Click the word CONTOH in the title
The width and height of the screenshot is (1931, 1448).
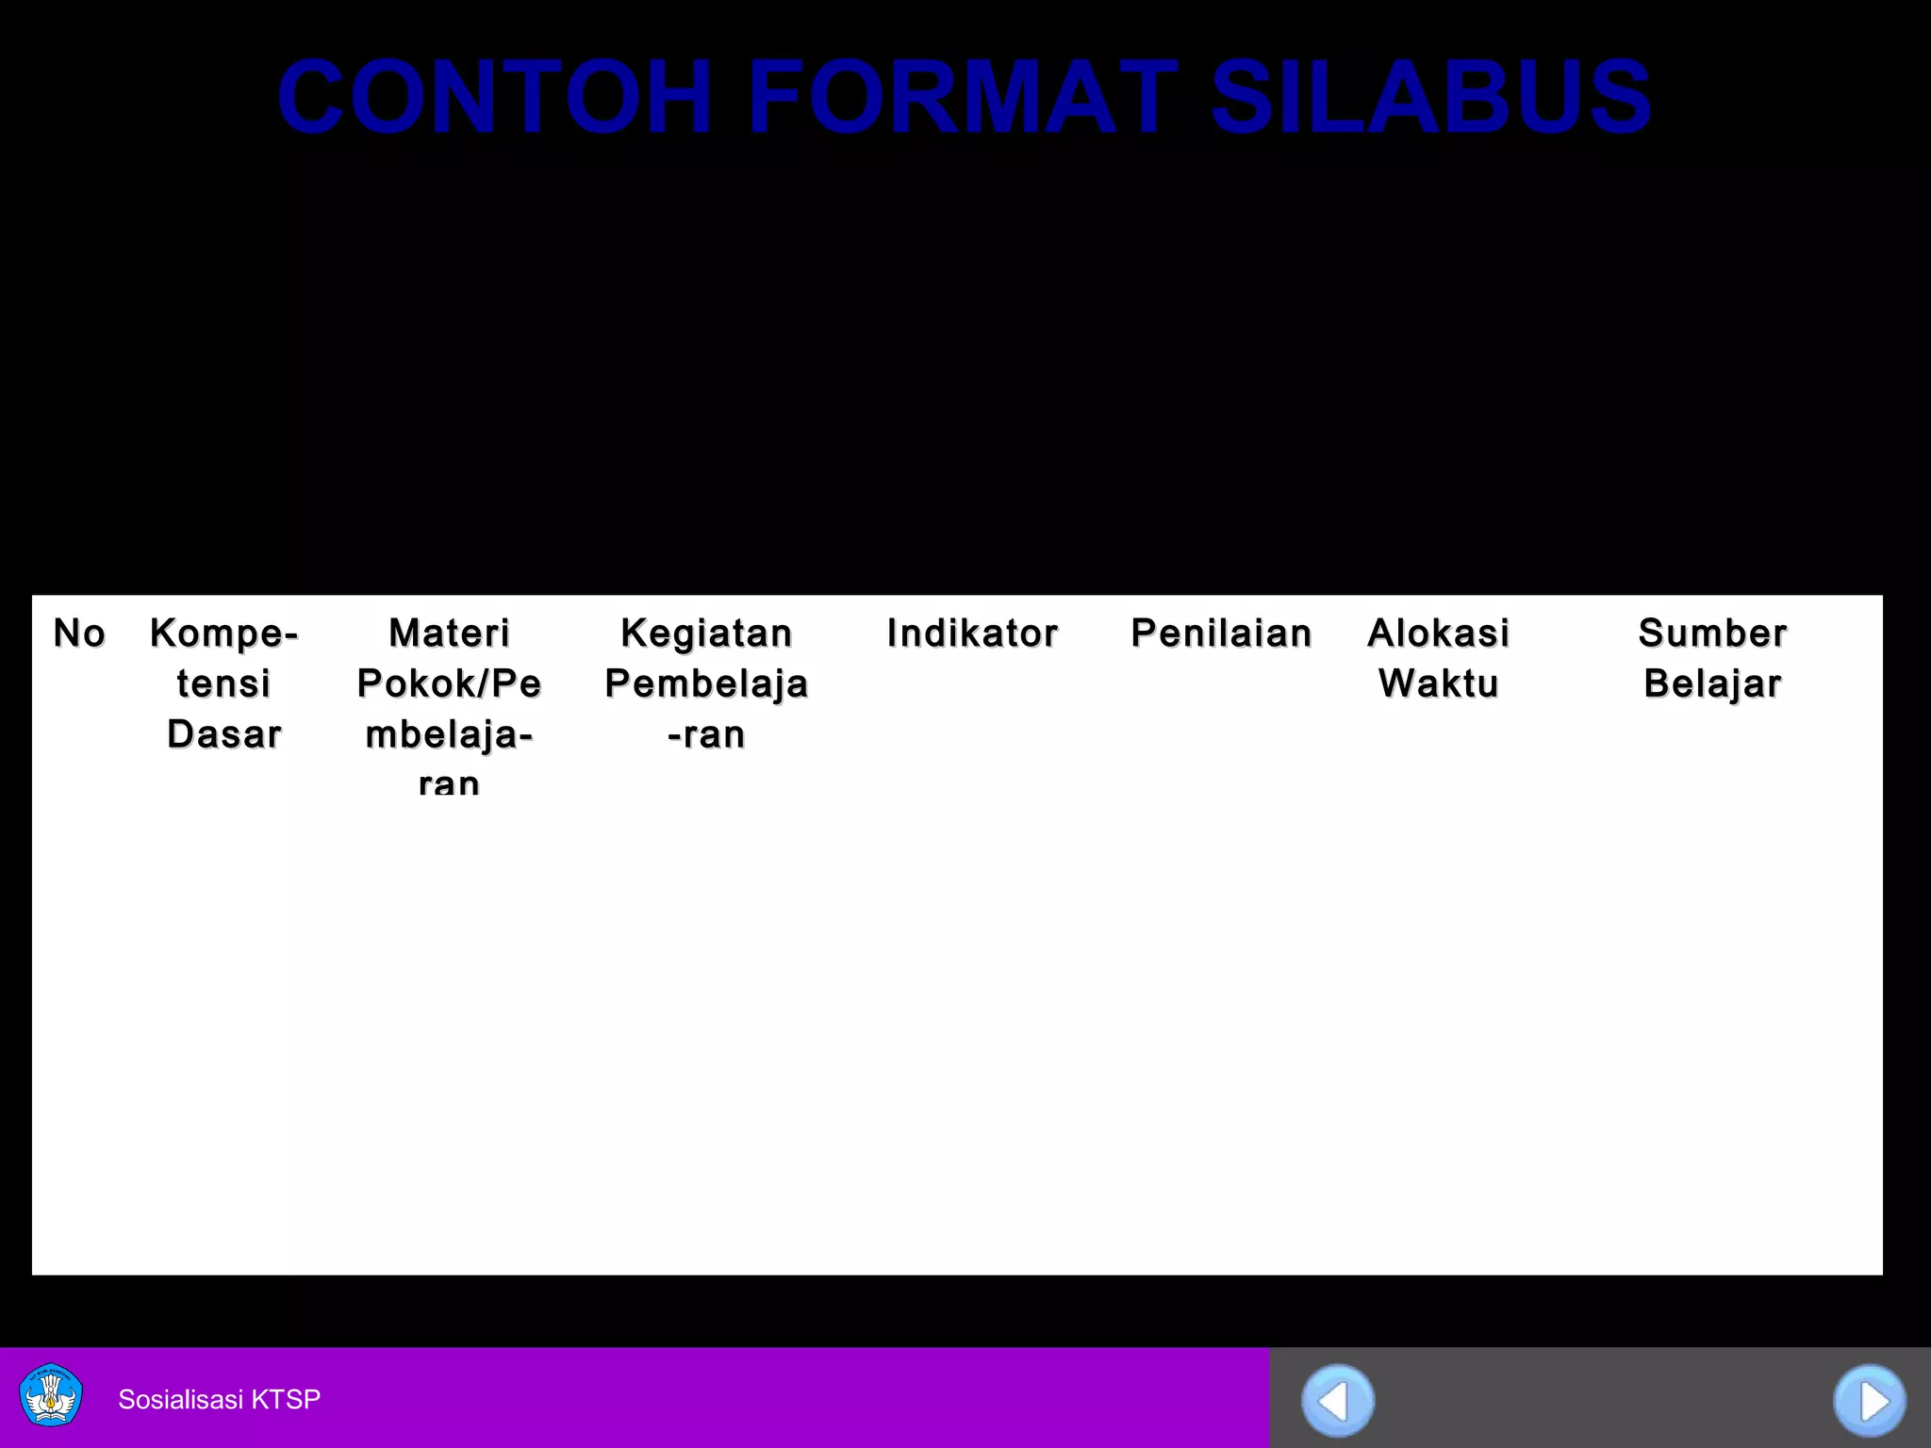coord(494,97)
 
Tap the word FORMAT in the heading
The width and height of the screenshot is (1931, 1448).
coord(963,97)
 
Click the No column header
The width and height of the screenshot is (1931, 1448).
coord(79,633)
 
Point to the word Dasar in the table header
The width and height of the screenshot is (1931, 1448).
coord(224,734)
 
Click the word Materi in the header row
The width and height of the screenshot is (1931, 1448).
coord(449,633)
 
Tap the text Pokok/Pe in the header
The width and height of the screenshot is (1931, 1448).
coord(449,683)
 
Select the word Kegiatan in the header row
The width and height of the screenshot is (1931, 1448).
coord(706,633)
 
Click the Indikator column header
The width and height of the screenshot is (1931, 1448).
coord(972,633)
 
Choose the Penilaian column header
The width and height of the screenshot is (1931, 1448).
coord(1221,633)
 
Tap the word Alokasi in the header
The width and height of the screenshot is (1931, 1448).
coord(1438,633)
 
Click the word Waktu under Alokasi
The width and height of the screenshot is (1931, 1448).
coord(1438,683)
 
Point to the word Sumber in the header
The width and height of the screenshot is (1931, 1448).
coord(1712,633)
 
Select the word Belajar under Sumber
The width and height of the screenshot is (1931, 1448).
coord(1712,683)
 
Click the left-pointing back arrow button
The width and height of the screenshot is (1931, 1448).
coord(1337,1401)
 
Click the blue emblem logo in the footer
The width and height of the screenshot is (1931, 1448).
coord(51,1395)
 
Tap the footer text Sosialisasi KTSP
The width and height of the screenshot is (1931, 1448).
coord(219,1399)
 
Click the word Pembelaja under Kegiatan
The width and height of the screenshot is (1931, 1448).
coord(706,683)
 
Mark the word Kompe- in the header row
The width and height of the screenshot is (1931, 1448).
coord(224,633)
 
